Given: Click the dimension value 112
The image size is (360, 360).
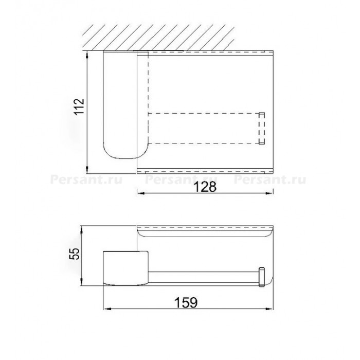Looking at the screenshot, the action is [79, 106].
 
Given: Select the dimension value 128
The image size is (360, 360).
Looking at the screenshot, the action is [205, 187].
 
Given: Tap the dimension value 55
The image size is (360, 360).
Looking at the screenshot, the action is [75, 253].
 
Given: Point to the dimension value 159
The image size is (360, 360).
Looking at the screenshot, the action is [186, 302].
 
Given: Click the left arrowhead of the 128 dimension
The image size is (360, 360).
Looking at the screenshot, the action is [141, 193].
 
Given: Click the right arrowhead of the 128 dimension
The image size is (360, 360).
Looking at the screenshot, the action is [269, 193].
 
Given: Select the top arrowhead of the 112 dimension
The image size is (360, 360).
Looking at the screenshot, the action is [87, 55].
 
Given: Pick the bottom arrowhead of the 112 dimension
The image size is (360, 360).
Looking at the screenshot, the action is [87, 170].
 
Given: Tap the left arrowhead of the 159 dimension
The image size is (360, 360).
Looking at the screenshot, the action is [107, 309].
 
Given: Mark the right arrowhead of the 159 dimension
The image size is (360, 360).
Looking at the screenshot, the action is [269, 309].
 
